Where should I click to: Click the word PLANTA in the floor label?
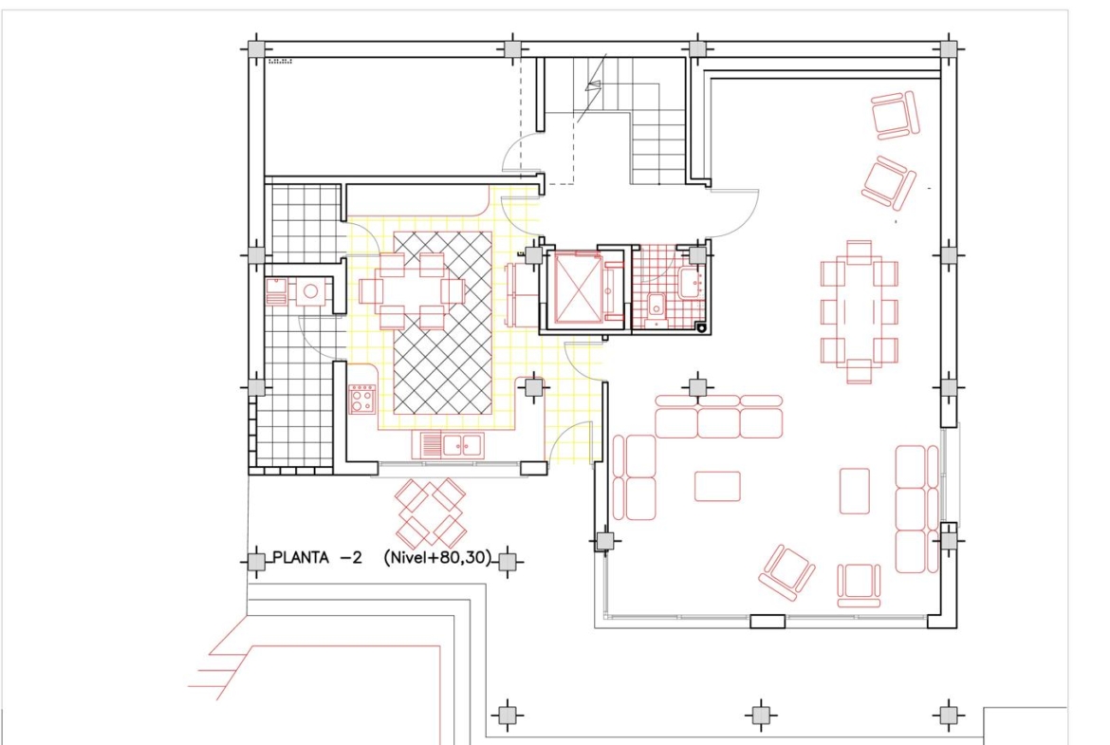[x=301, y=558]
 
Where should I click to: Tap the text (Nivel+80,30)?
[x=437, y=558]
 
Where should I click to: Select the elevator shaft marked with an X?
[x=578, y=288]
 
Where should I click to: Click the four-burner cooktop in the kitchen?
[x=361, y=399]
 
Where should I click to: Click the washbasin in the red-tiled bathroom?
[x=691, y=283]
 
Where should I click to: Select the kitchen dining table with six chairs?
[x=412, y=291]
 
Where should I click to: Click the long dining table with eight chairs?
[x=860, y=311]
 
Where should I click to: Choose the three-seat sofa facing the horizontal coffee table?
[x=718, y=417]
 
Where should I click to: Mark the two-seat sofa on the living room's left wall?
[x=635, y=477]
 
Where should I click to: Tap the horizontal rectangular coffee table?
[x=717, y=487]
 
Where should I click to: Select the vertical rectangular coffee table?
[x=855, y=491]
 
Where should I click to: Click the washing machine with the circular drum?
[x=310, y=291]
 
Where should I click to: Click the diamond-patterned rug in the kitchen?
[x=442, y=323]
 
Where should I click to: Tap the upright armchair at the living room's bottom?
[x=859, y=585]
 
